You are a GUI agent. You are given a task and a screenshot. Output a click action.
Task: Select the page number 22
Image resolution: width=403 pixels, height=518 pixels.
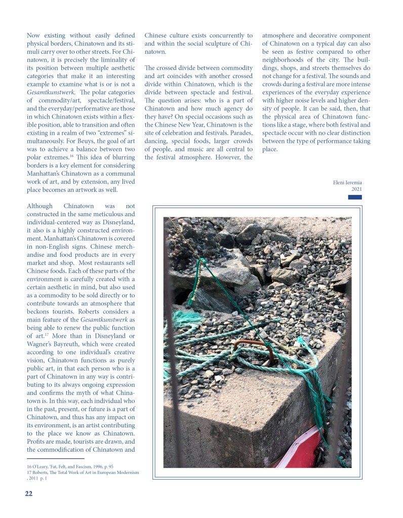coord(29,494)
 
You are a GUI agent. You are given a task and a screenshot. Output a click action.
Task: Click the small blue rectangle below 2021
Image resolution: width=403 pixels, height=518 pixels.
coord(355,197)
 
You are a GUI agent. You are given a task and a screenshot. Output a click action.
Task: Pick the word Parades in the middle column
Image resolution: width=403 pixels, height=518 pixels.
coord(240,133)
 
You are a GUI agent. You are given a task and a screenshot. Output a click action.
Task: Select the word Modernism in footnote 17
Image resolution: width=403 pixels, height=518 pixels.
coord(127,472)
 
